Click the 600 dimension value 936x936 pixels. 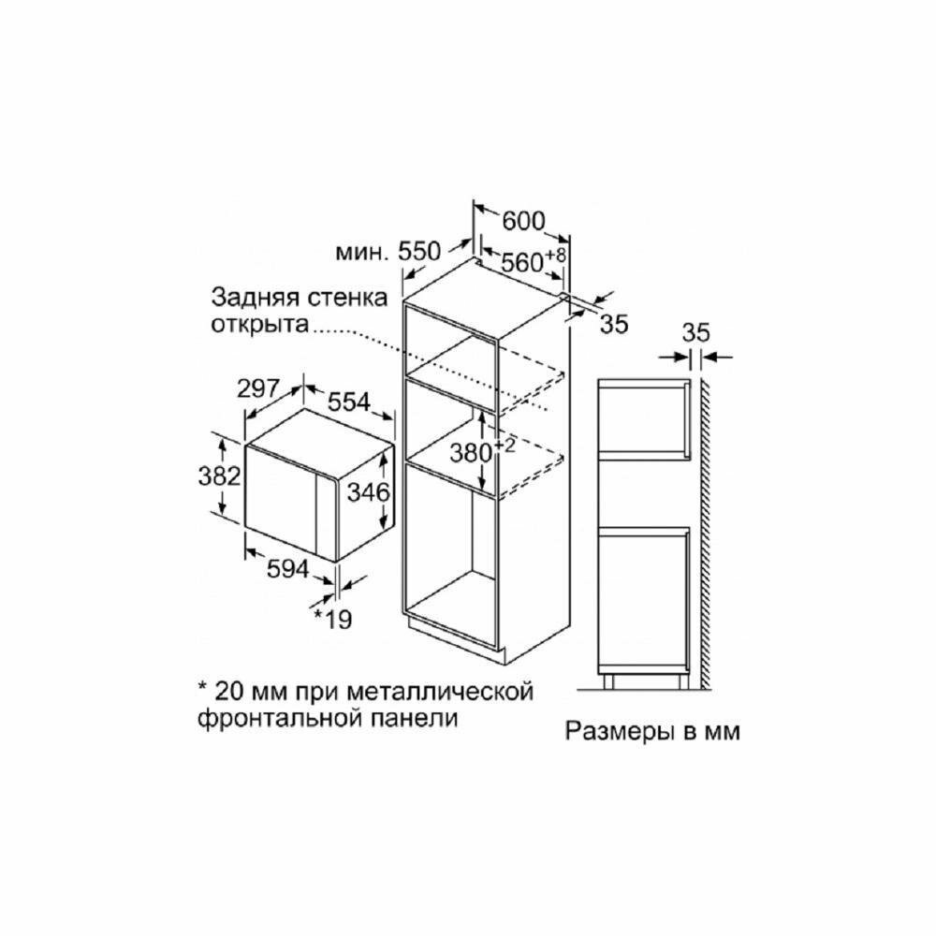[523, 221]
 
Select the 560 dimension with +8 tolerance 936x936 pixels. [523, 263]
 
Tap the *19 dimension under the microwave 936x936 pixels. [332, 618]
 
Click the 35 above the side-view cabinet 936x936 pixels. [696, 331]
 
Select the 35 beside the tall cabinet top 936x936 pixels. [612, 324]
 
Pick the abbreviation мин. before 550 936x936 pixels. [363, 252]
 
